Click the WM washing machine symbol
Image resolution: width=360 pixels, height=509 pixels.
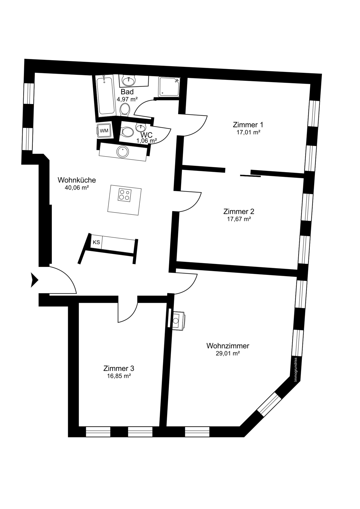tap(104, 131)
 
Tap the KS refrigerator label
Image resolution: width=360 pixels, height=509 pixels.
tap(96, 242)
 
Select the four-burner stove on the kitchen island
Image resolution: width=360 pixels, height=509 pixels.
tap(125, 195)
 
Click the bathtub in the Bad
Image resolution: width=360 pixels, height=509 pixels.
tap(105, 96)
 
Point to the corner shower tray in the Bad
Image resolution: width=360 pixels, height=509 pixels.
tap(169, 87)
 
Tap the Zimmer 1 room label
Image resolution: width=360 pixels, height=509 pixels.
tap(248, 125)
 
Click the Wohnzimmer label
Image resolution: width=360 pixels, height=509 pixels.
tap(228, 346)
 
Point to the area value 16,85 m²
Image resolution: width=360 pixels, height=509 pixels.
tap(119, 376)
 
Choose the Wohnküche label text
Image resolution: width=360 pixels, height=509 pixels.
tap(77, 180)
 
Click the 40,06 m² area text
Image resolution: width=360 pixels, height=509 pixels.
tap(77, 188)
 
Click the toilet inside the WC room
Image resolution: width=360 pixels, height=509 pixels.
tap(127, 131)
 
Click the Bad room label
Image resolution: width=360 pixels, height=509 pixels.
tap(127, 92)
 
